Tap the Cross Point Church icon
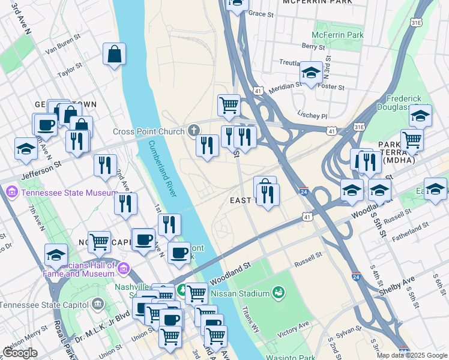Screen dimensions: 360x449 [x=194, y=130]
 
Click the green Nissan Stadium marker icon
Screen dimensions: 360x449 [x=278, y=293]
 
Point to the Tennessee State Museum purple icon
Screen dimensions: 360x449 [x=11, y=193]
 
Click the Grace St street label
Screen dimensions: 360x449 [x=261, y=13]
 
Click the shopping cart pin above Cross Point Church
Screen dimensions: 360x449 [x=229, y=106]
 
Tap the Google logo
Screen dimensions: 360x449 [x=20, y=353]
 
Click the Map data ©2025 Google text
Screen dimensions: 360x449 [x=412, y=355]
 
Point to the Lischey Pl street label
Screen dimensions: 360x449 [x=312, y=115]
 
